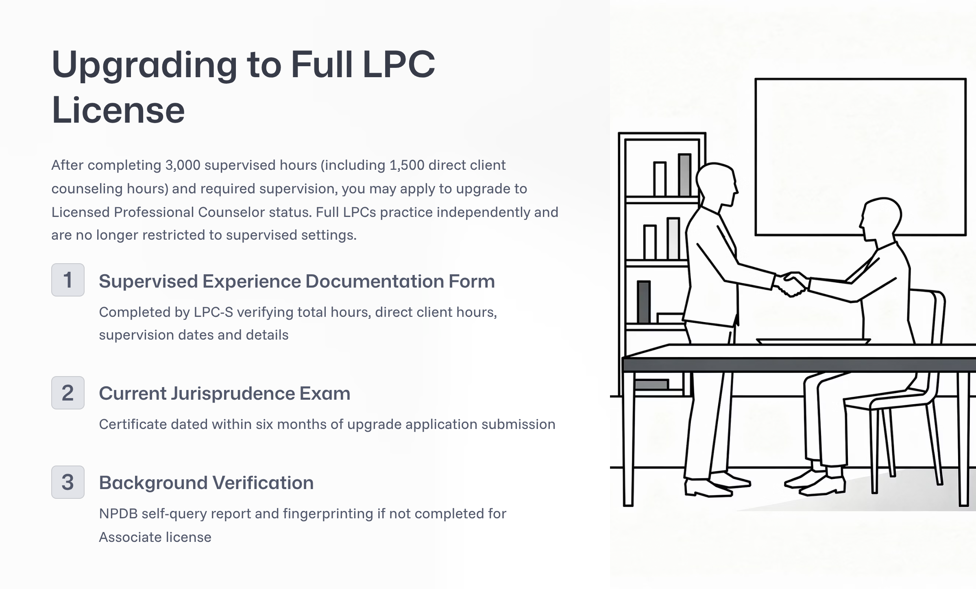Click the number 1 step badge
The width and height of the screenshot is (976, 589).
click(68, 280)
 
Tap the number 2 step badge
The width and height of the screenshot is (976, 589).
click(68, 393)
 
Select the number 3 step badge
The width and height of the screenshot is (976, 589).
click(68, 482)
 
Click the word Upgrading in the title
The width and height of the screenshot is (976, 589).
click(144, 65)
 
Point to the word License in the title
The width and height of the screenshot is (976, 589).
click(118, 110)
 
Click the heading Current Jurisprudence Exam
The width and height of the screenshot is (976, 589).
click(224, 393)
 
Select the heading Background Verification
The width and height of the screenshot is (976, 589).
click(206, 483)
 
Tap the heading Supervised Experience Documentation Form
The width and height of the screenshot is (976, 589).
click(296, 281)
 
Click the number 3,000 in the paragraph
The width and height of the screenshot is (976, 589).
click(183, 165)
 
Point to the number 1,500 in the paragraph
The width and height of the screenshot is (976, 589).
click(407, 165)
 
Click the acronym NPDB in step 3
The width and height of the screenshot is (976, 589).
click(118, 514)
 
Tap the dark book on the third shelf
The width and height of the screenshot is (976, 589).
click(644, 302)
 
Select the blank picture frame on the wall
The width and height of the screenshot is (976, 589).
click(860, 156)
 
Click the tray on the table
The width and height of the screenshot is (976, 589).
click(813, 342)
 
